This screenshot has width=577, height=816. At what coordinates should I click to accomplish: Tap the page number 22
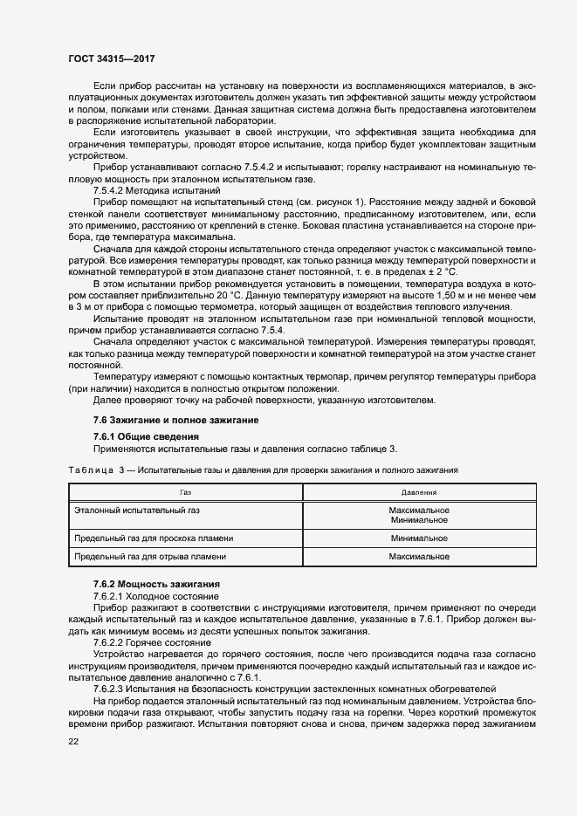click(x=73, y=741)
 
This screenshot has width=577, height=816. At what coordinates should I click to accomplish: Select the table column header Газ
click(x=185, y=492)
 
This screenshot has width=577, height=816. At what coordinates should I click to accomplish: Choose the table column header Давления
click(x=419, y=492)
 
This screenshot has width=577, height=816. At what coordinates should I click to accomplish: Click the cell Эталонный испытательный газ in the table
click(x=138, y=509)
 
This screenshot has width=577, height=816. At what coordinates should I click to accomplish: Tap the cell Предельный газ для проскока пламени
click(x=155, y=538)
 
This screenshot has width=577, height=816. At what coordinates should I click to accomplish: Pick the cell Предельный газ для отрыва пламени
click(x=151, y=556)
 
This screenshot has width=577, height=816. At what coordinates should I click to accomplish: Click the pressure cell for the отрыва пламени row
click(x=419, y=556)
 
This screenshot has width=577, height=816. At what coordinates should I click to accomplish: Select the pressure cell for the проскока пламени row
click(x=419, y=538)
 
